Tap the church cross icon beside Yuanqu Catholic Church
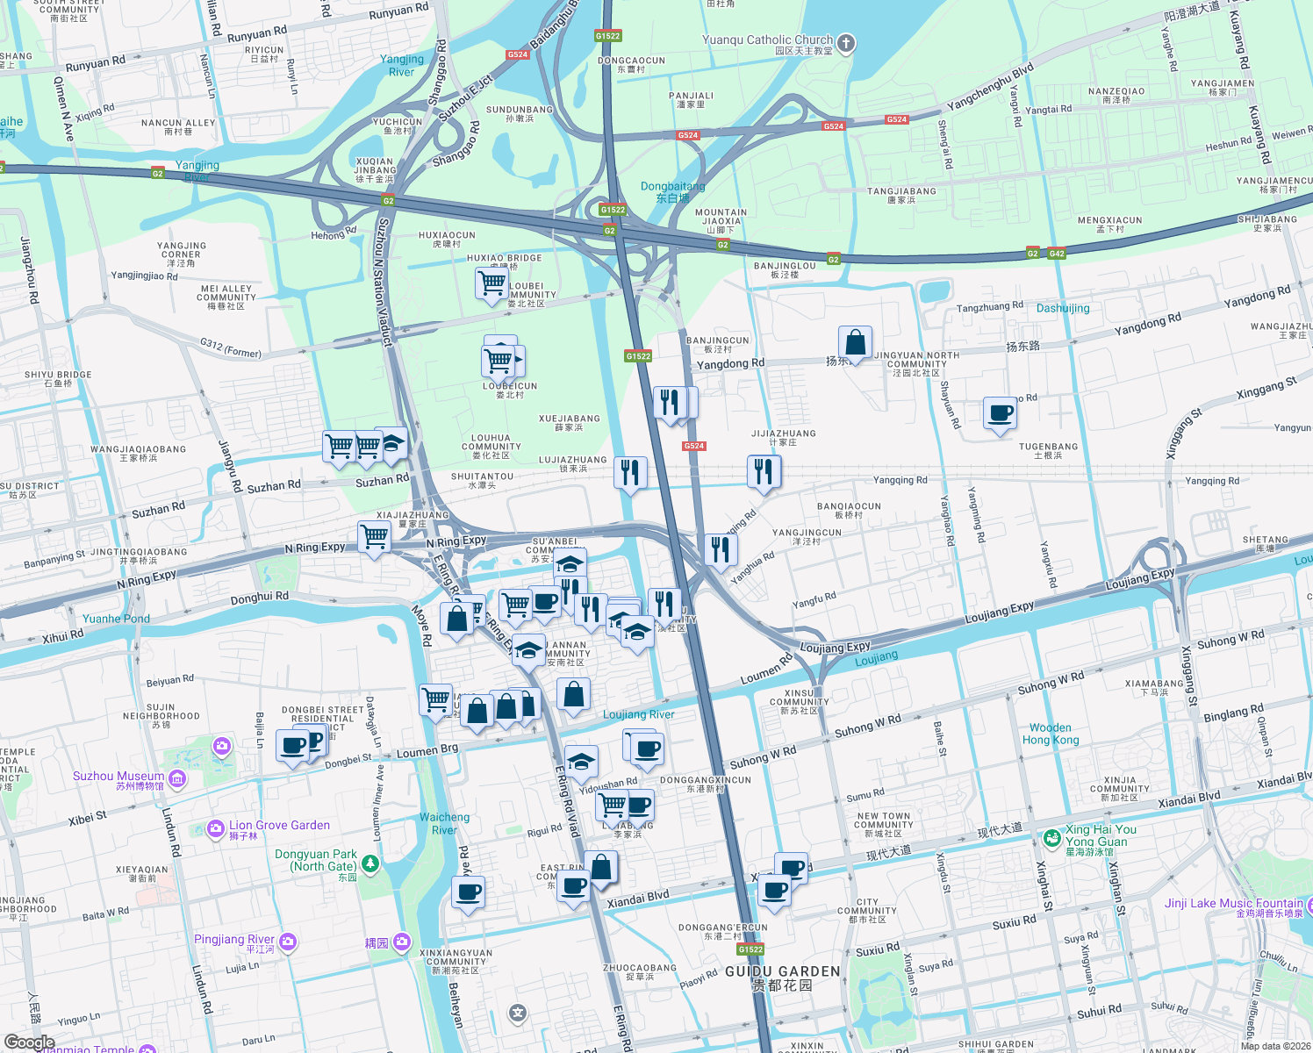pos(845,43)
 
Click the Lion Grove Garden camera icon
pos(216,828)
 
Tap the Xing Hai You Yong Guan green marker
pos(1051,838)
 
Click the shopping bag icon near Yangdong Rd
pos(854,343)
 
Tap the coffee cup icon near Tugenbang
pos(1000,413)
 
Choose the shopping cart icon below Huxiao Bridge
pos(491,284)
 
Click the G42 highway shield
pos(1056,254)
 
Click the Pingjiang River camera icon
pos(288,942)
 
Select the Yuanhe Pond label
pos(116,619)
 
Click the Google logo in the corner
pos(29,1042)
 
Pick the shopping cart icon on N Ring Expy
pos(375,536)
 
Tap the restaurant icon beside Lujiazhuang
pos(629,473)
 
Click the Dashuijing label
pos(1063,308)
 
